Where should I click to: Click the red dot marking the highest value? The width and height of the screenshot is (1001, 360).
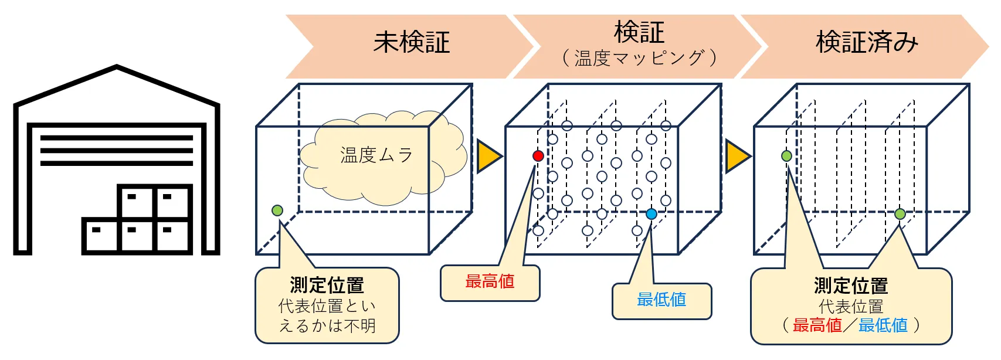538,155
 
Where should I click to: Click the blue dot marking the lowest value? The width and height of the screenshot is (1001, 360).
652,214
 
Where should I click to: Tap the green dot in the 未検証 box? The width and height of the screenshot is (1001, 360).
277,210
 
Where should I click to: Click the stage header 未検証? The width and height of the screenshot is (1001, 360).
412,43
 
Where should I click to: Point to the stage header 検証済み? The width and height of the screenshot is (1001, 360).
867,43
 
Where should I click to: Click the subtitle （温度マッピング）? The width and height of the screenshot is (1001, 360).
639,59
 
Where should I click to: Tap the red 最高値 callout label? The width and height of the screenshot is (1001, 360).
490,282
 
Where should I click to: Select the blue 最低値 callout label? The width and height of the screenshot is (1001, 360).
661,300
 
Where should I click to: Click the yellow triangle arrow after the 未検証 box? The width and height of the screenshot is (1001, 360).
488,157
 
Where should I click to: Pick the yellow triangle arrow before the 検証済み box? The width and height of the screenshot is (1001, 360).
737,157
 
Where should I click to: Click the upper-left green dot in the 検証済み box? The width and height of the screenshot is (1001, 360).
786,156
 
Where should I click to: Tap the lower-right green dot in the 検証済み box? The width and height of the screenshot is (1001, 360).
900,214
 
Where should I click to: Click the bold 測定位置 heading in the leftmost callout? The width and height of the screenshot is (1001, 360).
327,286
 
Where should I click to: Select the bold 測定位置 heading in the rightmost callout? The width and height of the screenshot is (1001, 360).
851,286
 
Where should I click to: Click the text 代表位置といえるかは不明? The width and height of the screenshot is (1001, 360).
327,316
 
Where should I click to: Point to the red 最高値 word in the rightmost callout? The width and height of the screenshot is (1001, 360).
817,325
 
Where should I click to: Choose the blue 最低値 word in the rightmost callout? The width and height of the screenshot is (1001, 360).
883,325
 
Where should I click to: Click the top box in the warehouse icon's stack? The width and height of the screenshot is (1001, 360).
155,201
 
